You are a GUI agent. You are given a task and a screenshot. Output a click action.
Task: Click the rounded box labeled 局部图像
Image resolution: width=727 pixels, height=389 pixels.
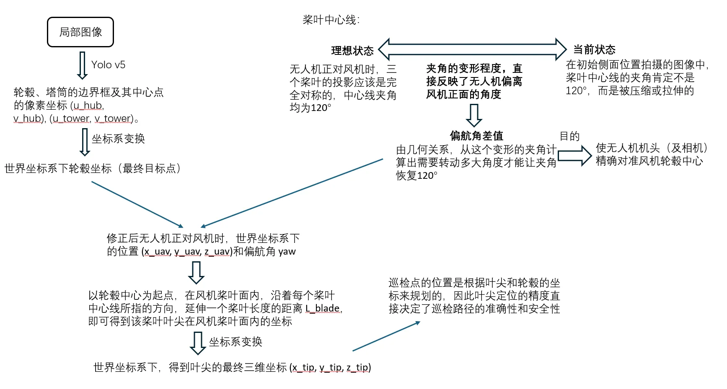(80, 32)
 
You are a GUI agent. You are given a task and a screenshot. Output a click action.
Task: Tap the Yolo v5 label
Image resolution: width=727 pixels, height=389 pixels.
(108, 65)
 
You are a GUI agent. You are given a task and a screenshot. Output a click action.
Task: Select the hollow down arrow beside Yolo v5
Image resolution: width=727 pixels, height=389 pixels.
(83, 65)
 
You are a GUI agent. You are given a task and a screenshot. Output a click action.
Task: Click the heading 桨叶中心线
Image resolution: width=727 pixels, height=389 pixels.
(331, 20)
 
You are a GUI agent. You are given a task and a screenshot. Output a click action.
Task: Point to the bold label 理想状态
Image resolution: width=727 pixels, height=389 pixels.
(352, 51)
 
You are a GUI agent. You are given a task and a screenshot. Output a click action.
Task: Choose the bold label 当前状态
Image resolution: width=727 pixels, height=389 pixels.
(594, 50)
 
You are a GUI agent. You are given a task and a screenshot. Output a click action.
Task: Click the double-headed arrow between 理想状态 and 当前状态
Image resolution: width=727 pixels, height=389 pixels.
(472, 49)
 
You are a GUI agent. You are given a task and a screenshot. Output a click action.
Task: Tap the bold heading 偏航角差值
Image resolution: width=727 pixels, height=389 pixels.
(476, 136)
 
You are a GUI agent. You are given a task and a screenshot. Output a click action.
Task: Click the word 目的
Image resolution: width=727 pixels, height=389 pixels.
(569, 136)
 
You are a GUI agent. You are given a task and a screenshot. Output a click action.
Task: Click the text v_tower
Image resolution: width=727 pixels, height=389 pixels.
(113, 119)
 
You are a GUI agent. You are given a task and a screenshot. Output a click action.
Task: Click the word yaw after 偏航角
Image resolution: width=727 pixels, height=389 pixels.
(287, 252)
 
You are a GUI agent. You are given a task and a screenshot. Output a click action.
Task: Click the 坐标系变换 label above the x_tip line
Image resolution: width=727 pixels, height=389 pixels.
(235, 342)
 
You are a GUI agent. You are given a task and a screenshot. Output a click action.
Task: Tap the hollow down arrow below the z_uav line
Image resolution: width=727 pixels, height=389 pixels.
(196, 273)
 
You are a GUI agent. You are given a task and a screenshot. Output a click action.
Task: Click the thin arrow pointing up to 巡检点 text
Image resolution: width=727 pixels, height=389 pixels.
(386, 336)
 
